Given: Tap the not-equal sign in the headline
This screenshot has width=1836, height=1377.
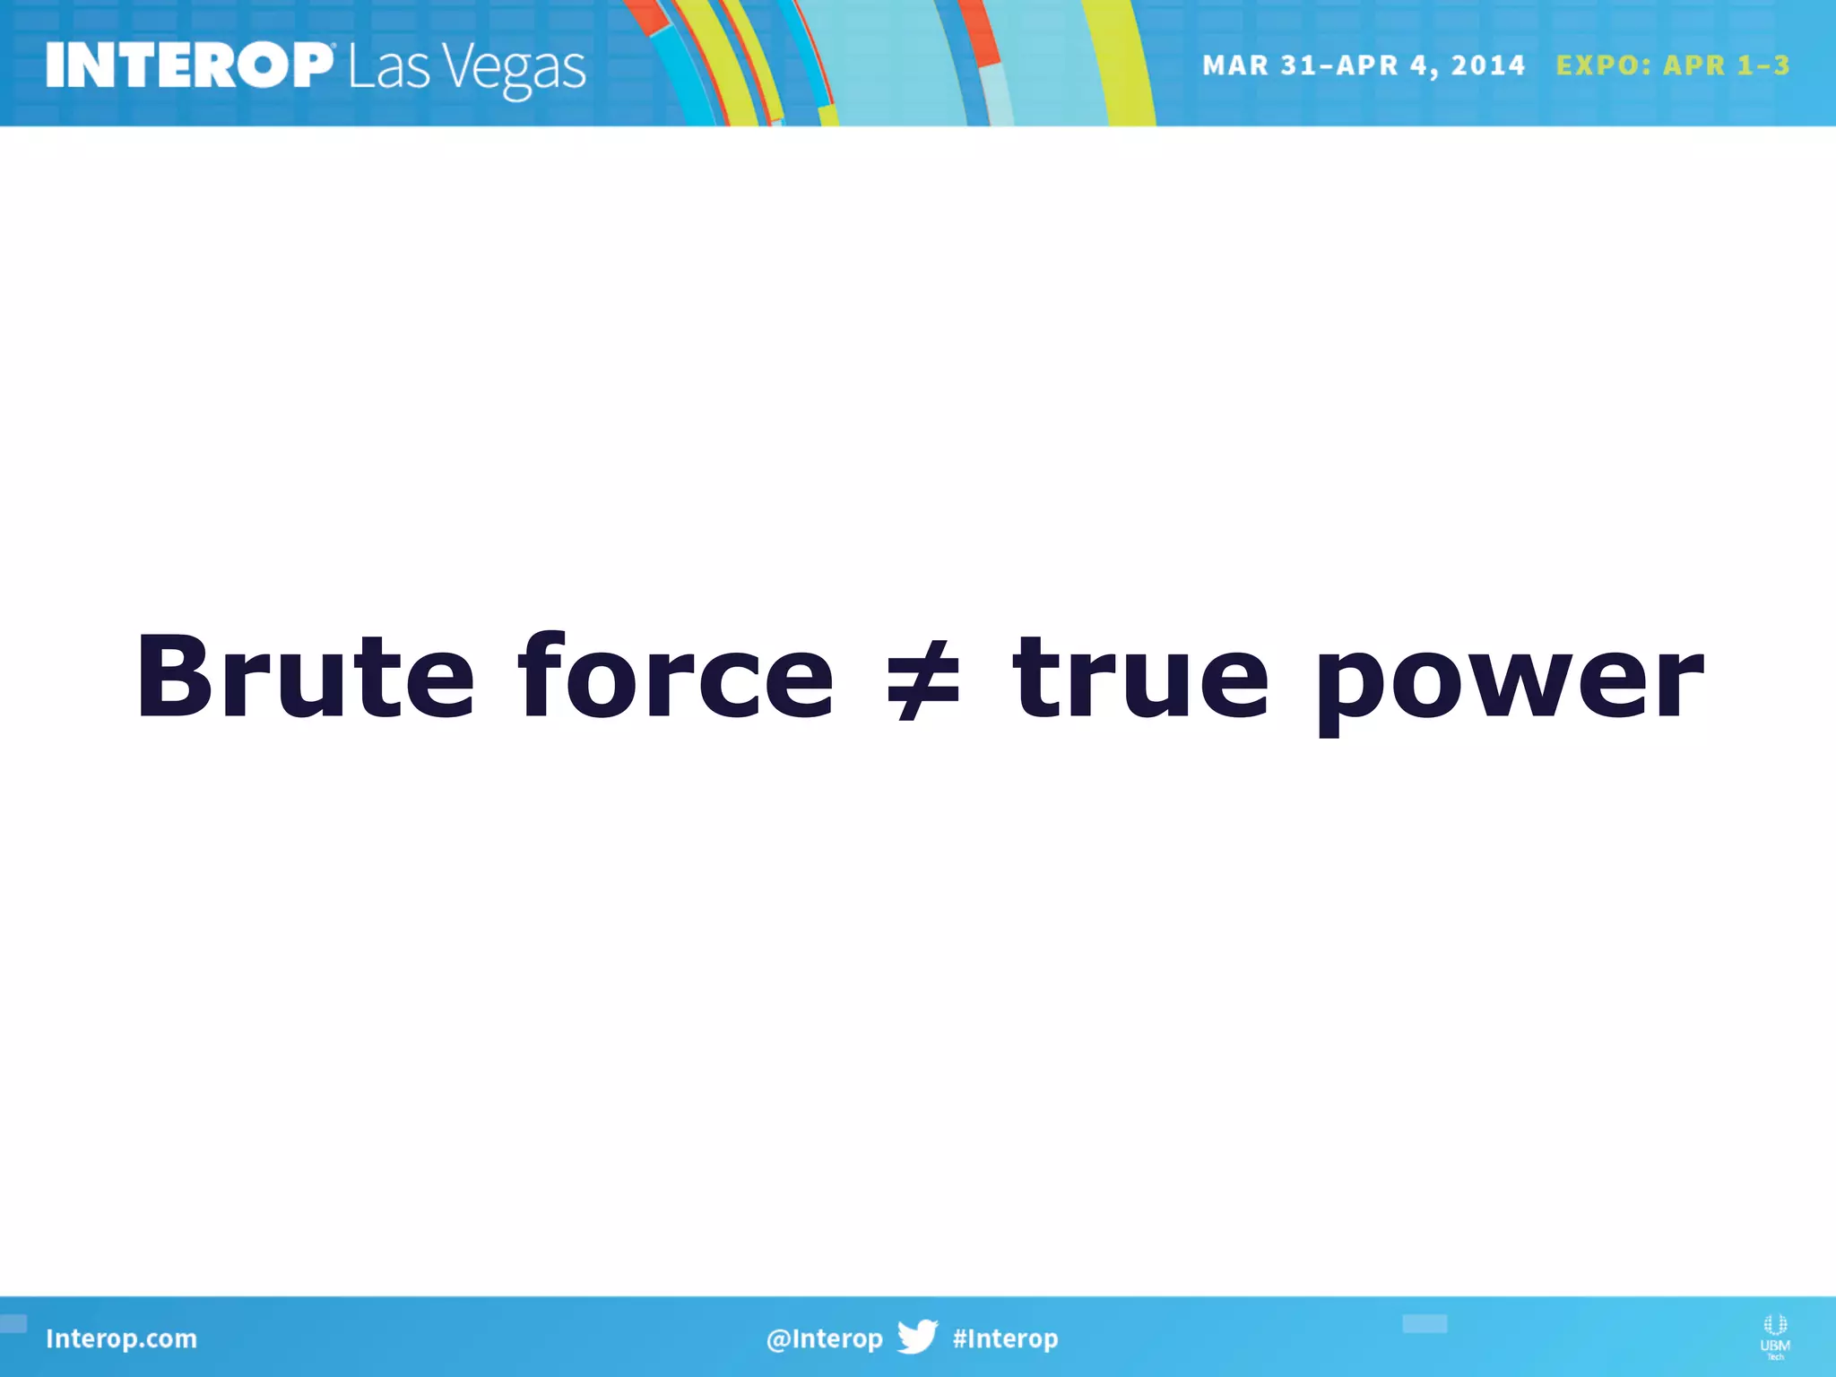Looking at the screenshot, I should point(922,679).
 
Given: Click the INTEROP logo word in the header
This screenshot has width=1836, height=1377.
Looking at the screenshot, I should point(189,66).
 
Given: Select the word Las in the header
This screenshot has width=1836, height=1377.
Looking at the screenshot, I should point(389,67).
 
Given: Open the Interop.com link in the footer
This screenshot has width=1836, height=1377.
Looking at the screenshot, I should point(121,1338).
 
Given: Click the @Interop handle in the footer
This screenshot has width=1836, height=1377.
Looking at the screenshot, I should point(824,1338).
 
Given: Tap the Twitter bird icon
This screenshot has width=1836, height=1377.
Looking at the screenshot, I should point(917,1336).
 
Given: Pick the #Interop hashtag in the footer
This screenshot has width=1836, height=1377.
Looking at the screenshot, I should point(1005,1338).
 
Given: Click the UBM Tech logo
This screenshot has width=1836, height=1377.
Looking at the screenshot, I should point(1775,1336).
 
